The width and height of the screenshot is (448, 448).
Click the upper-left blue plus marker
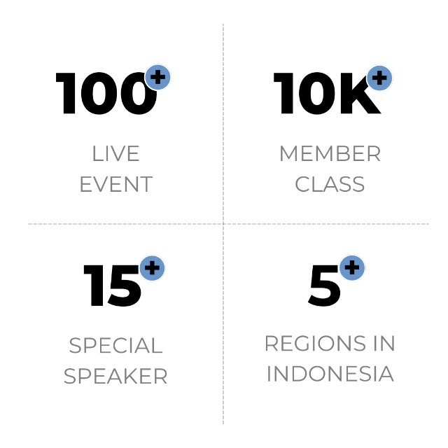pos(157,77)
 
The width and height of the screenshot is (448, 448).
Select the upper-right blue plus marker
pos(379,78)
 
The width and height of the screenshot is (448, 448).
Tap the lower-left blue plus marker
pos(152,268)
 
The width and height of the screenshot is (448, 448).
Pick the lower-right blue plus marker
pos(352,267)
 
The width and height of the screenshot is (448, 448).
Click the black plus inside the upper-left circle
pos(157,77)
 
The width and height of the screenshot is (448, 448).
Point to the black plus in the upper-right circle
pos(379,78)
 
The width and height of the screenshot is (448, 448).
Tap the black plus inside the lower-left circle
pos(152,268)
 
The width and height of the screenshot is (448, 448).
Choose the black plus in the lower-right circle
pos(352,267)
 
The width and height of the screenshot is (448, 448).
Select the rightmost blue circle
pos(379,78)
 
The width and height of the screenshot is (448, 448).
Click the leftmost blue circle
pos(152,268)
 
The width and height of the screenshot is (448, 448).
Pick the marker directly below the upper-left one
pos(152,268)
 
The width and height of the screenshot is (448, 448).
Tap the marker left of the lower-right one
pos(152,268)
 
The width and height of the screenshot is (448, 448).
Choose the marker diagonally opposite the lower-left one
pos(379,78)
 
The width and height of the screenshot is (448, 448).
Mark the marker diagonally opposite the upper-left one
pos(352,267)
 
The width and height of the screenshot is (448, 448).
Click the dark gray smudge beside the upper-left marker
pos(142,69)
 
